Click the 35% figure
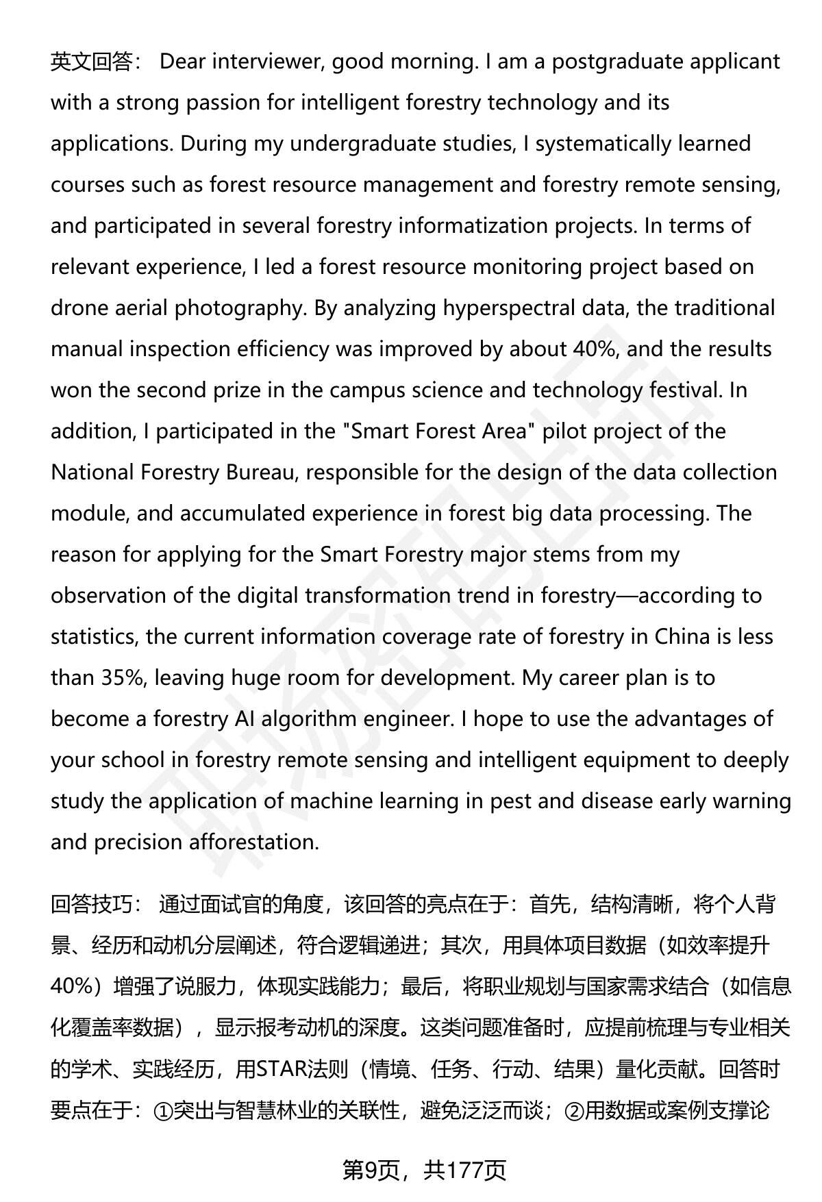123,678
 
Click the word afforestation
253,842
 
